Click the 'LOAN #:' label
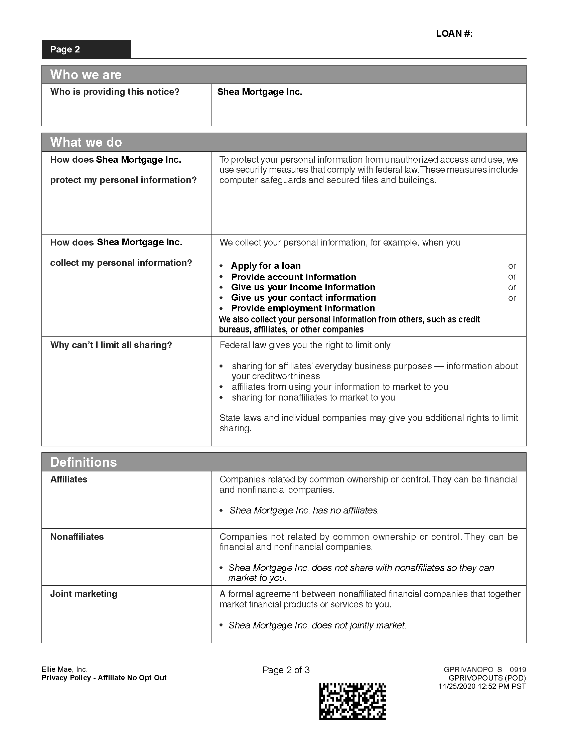454,34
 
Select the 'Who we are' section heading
86,75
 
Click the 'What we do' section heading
86,142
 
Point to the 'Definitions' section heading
84,462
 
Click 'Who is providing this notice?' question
115,92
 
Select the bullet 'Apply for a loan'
266,266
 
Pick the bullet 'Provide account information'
293,277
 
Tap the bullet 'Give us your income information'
303,287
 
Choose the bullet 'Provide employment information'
303,308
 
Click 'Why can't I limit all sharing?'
111,345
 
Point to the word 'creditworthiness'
276,376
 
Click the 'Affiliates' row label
68,479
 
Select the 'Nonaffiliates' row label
77,537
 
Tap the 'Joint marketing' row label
84,594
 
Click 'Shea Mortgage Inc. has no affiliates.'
304,510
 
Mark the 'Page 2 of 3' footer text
286,670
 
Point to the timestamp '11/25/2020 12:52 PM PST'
482,687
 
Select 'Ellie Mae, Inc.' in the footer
64,670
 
